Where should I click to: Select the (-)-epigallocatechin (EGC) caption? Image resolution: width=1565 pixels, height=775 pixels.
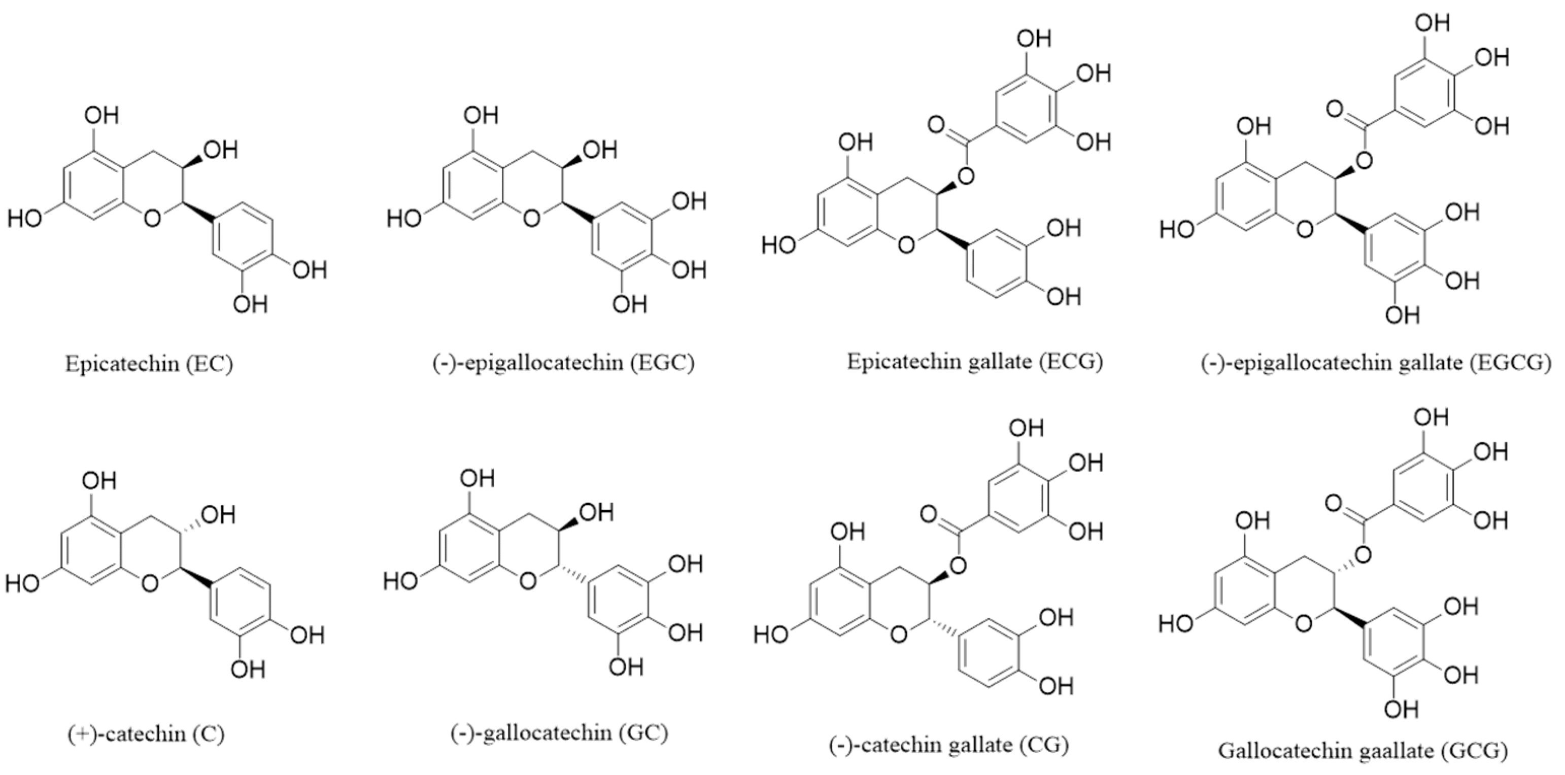tap(563, 363)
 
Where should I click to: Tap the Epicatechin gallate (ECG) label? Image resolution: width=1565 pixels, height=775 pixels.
tap(974, 362)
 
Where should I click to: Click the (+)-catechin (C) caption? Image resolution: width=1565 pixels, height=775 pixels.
tap(146, 734)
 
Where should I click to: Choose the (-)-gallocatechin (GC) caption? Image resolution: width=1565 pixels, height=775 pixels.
tap(559, 733)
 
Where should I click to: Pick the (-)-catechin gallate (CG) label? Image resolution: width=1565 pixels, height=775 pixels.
tap(948, 745)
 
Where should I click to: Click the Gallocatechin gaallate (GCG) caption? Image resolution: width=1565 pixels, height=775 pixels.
tap(1363, 751)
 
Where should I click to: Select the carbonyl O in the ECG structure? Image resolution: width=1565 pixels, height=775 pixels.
tap(936, 126)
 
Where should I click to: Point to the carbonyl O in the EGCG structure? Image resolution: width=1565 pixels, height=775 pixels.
tap(1335, 110)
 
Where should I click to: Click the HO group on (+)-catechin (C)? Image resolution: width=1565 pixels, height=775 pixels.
tap(22, 584)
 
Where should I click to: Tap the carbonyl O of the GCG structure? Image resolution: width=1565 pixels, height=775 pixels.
tap(1334, 504)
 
